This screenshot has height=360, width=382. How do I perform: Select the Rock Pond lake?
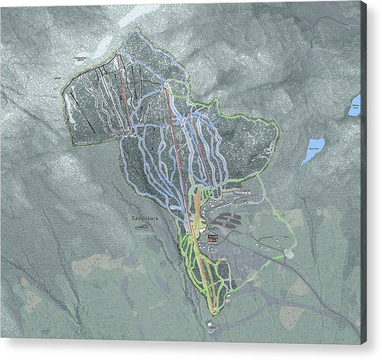tap(314, 150)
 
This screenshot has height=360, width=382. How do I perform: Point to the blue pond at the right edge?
tap(355, 105)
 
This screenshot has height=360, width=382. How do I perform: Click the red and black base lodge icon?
tap(212, 238)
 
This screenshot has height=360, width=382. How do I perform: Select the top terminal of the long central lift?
tap(164, 88)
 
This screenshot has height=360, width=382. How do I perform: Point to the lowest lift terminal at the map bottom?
tap(214, 312)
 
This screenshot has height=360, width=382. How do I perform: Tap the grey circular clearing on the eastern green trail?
tap(289, 255)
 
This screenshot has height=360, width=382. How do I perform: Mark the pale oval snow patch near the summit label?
tap(103, 44)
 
